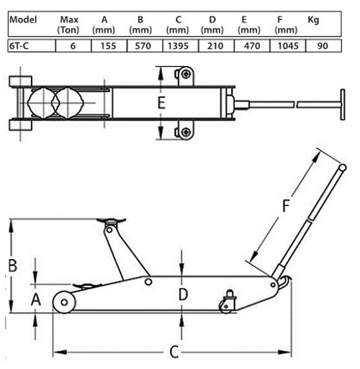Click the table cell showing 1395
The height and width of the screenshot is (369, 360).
[x=178, y=46]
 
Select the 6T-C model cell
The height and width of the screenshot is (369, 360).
[x=32, y=46]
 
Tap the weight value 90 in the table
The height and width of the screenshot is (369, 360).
[x=323, y=46]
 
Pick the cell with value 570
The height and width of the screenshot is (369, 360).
[x=143, y=46]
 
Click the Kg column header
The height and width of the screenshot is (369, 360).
[x=313, y=20]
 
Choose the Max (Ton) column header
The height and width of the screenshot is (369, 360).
[x=68, y=24]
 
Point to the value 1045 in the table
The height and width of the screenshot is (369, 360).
[x=288, y=46]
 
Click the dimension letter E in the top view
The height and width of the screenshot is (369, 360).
[x=161, y=102]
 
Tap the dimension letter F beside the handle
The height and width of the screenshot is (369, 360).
[x=286, y=206]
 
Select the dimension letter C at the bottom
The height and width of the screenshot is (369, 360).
[x=174, y=352]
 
